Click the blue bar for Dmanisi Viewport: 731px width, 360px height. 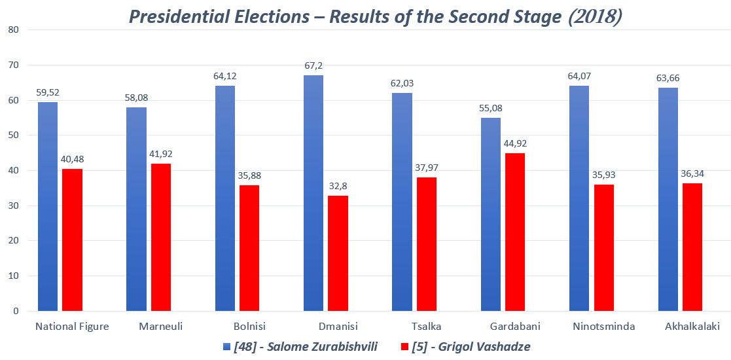coord(313,193)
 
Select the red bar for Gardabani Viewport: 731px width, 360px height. coord(515,232)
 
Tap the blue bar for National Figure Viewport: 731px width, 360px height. coord(48,206)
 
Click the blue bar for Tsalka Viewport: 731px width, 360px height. coord(402,202)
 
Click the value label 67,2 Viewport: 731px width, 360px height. coord(313,66)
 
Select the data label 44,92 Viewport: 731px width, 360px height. coord(515,144)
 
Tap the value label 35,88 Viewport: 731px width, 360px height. coord(249,176)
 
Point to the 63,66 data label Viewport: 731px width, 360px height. coord(668,79)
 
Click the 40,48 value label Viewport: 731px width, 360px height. coord(72,160)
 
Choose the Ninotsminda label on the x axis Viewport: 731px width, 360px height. coord(603,327)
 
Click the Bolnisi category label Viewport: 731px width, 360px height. coord(249,327)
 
